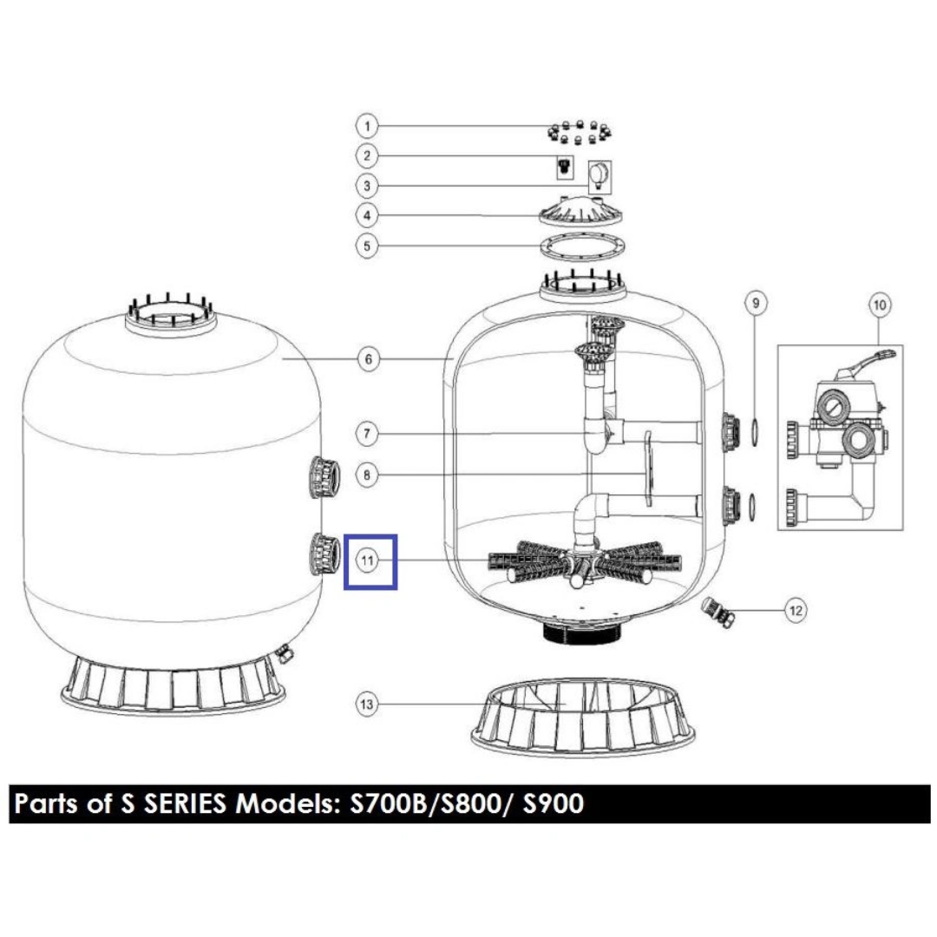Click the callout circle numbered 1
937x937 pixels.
pos(367,126)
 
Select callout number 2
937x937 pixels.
pos(367,156)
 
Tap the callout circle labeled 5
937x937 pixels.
pos(367,246)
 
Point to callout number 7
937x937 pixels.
pos(367,433)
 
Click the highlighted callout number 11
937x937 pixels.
pos(367,560)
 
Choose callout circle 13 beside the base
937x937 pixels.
pos(367,704)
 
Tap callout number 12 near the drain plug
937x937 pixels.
pos(796,610)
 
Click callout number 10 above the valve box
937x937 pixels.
pos(880,305)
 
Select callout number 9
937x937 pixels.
pos(756,303)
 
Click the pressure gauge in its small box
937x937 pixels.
pos(600,176)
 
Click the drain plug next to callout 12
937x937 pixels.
pos(717,611)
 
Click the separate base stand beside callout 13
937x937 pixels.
pos(583,717)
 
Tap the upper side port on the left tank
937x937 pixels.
pos(324,478)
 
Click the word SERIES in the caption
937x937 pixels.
pos(184,803)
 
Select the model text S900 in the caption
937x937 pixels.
pos(553,803)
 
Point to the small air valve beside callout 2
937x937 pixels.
pos(564,167)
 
